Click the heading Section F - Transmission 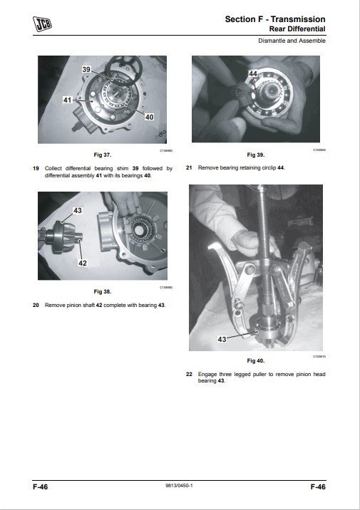(x=275, y=19)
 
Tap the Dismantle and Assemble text (x=292, y=41)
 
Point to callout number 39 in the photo (x=86, y=68)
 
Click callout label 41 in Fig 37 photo (x=68, y=101)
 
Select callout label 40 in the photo (x=148, y=116)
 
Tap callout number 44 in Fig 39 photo (x=252, y=74)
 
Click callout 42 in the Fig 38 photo (x=83, y=263)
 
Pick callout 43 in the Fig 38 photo (x=77, y=211)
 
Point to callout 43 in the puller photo (x=222, y=339)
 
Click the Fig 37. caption (x=103, y=155)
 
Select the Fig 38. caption (x=103, y=291)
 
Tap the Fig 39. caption (x=255, y=155)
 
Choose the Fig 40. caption (x=255, y=360)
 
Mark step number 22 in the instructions (x=189, y=374)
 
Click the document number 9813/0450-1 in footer (x=180, y=486)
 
